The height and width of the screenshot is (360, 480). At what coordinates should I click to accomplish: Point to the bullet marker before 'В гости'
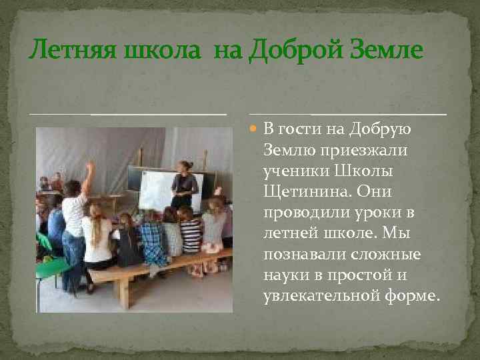pyautogui.click(x=253, y=129)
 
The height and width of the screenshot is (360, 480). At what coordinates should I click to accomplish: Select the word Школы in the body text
pyautogui.click(x=365, y=171)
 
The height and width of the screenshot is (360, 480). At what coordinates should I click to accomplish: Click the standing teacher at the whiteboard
pyautogui.click(x=183, y=183)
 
